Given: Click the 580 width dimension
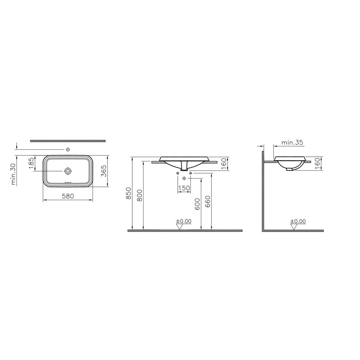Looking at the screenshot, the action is [68, 196].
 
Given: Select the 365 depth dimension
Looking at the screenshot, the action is [104, 171].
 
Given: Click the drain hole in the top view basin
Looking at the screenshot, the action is [68, 171].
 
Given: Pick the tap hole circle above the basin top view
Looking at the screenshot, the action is [68, 150].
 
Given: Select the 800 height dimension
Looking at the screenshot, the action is [139, 195].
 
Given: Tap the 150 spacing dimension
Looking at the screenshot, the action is [184, 188].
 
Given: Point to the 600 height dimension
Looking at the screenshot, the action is [197, 204].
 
